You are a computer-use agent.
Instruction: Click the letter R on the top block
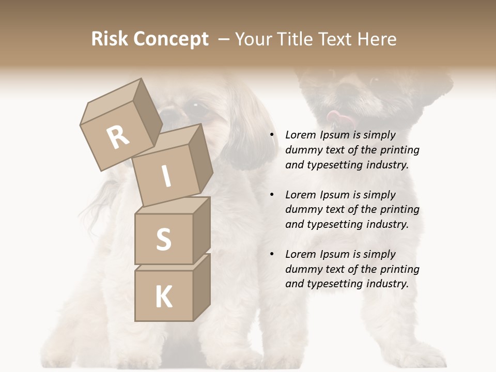[x=118, y=137]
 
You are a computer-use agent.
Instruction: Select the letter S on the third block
[x=163, y=239]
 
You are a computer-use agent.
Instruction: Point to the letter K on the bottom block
[x=163, y=297]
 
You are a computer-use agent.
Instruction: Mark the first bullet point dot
[x=272, y=135]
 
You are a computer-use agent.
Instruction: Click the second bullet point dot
[x=272, y=195]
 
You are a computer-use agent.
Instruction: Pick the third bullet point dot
[x=272, y=254]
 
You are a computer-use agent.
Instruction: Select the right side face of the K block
[x=202, y=287]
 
